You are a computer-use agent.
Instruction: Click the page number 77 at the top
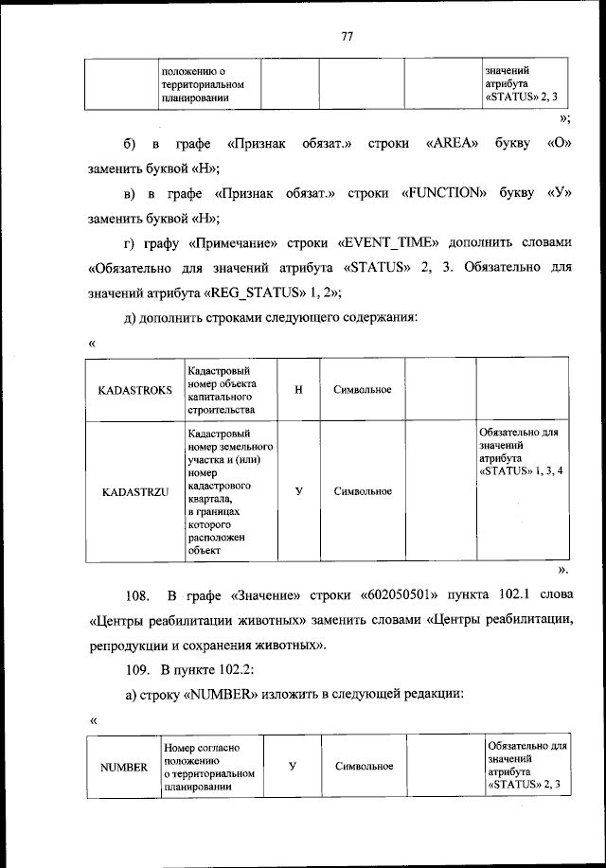(x=347, y=37)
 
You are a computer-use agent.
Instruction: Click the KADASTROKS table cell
(x=134, y=390)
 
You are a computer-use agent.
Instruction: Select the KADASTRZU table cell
(x=134, y=491)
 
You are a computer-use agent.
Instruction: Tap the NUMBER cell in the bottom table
(x=124, y=767)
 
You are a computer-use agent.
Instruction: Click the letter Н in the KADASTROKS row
(x=299, y=390)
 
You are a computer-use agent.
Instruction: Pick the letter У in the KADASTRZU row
(x=299, y=491)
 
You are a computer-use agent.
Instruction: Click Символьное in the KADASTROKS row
(x=363, y=390)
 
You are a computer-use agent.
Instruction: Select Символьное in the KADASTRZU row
(x=363, y=491)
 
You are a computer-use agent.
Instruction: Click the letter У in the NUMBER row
(x=292, y=766)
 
